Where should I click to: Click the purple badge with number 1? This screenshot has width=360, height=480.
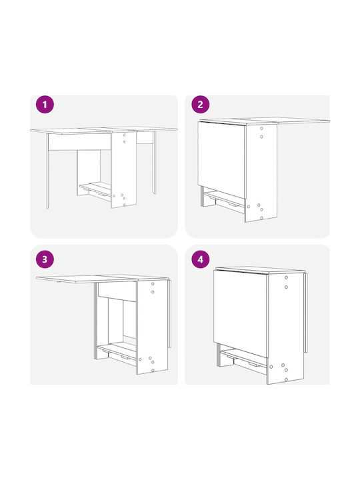click(45, 105)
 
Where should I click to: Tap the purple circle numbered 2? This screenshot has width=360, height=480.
click(200, 105)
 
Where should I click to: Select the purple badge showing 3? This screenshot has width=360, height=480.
click(45, 259)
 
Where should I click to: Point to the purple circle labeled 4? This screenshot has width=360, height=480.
click(200, 259)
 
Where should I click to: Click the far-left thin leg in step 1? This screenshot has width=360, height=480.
click(47, 171)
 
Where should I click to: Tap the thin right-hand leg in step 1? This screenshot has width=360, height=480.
click(154, 163)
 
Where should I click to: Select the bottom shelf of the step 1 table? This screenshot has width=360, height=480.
click(95, 189)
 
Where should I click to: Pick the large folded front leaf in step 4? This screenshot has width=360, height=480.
click(240, 313)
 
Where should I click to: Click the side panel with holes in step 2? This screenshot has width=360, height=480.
click(261, 173)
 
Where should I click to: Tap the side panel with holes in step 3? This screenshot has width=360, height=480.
click(152, 326)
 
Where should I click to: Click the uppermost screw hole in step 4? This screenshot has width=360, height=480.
click(286, 277)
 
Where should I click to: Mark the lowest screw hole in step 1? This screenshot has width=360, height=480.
click(124, 205)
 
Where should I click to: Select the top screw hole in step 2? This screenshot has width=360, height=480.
click(261, 129)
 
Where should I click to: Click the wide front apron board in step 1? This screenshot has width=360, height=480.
click(79, 142)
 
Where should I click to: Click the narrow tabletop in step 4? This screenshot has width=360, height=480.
click(260, 270)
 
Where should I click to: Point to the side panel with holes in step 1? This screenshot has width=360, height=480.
click(124, 169)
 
